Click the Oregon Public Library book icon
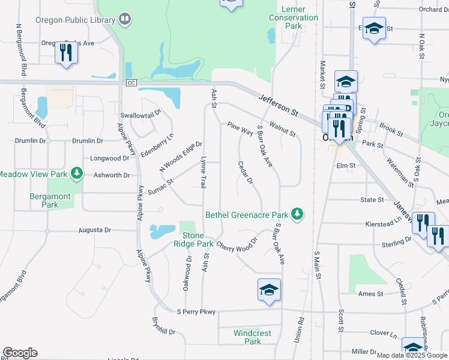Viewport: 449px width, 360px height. tap(124, 20)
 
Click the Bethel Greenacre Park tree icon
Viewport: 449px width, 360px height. tap(297, 214)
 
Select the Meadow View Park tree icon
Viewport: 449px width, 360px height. tap(76, 174)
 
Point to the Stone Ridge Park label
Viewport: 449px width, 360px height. tap(193, 239)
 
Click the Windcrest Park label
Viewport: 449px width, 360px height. tap(253, 337)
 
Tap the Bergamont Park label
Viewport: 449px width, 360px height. tap(50, 200)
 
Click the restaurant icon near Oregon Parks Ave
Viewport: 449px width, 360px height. tap(66, 52)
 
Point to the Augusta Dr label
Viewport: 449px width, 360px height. tap(95, 230)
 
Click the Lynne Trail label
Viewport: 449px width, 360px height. tap(203, 171)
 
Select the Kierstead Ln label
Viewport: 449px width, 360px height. tap(384, 223)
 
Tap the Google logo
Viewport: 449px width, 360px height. tap(20, 353)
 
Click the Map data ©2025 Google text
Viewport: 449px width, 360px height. tap(412, 355)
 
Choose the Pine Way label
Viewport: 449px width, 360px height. tap(240, 128)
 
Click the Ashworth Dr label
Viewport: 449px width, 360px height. tap(112, 175)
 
